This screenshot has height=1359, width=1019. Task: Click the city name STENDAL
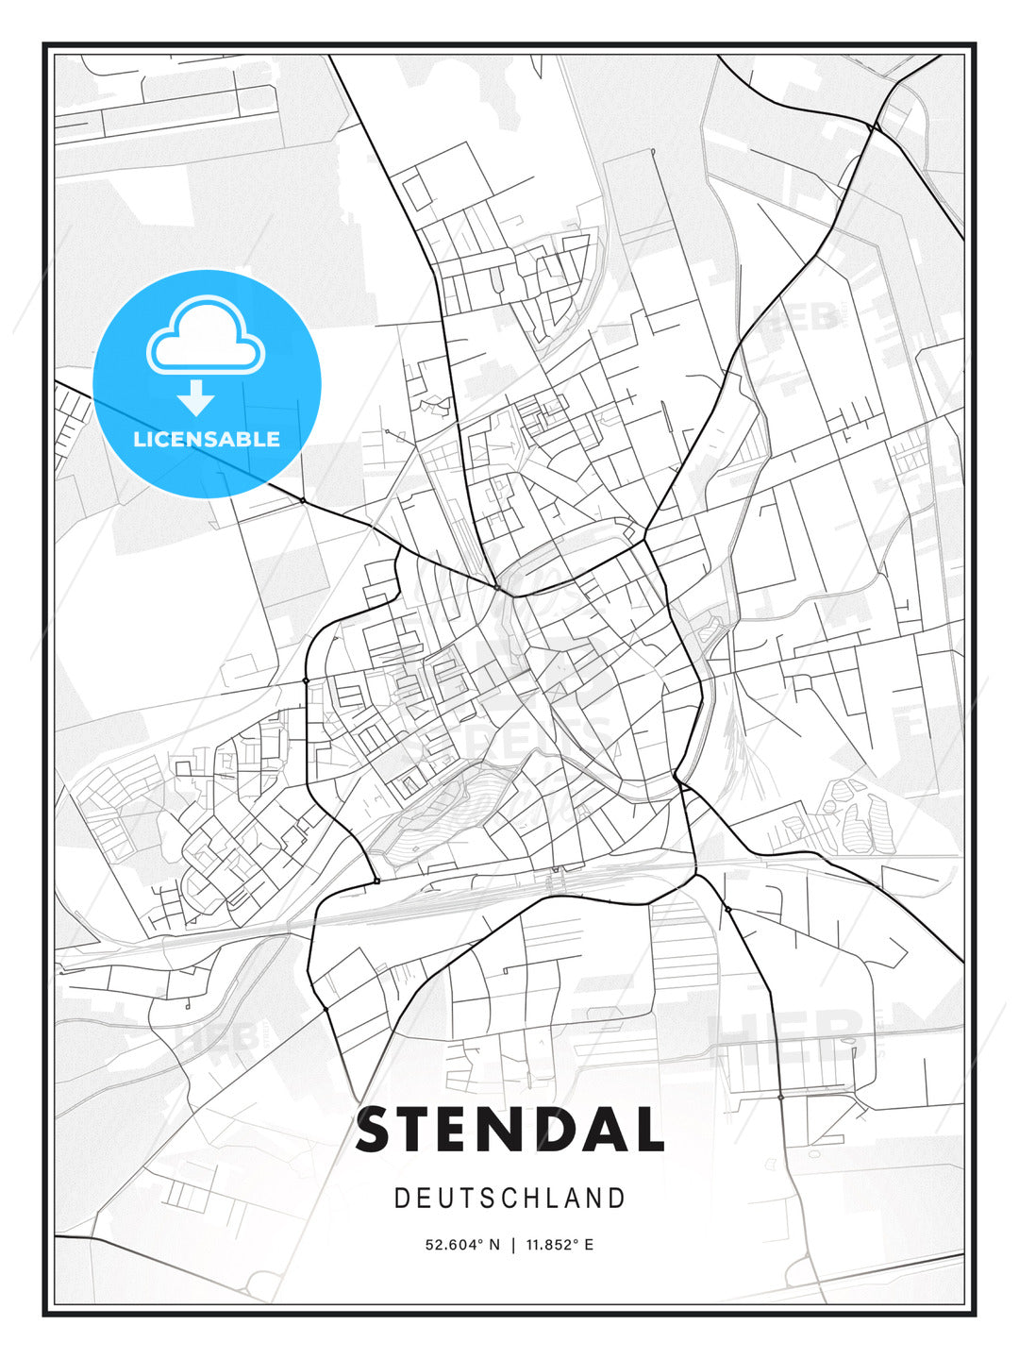509,1130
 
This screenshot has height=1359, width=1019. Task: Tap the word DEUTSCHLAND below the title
509,1198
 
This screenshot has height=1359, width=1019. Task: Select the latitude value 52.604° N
462,1244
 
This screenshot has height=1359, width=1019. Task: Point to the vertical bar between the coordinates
513,1244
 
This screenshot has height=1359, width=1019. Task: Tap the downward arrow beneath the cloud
197,398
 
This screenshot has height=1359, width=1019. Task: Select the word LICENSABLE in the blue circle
207,439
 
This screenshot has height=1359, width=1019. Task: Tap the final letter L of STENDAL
650,1130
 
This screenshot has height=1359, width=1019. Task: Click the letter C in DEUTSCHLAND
510,1198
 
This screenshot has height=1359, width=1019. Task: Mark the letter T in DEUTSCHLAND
467,1198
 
